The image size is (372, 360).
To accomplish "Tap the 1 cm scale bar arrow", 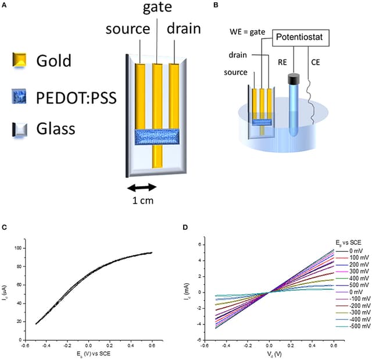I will [x=142, y=187].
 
